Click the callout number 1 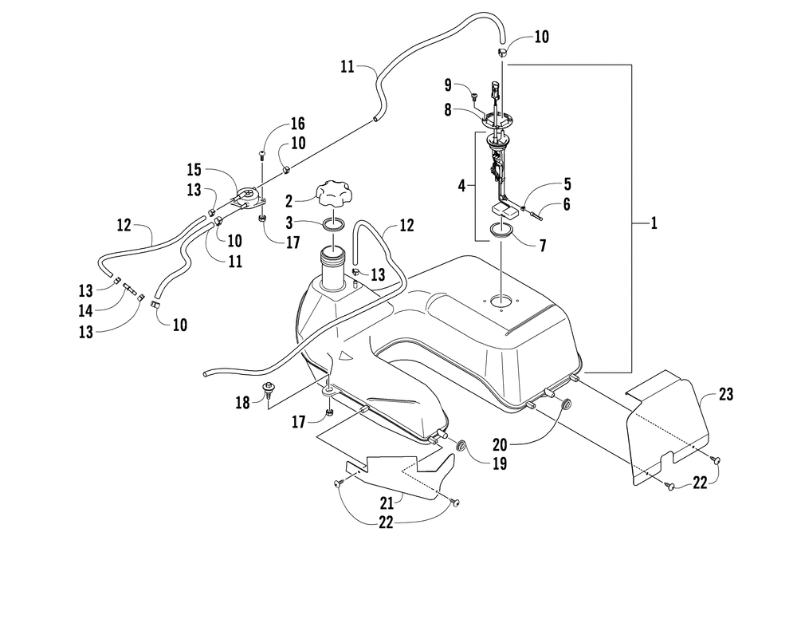[x=654, y=225]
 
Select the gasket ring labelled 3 [x=335, y=225]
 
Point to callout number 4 [x=461, y=186]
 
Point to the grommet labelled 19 [x=460, y=444]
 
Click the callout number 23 [x=725, y=393]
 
